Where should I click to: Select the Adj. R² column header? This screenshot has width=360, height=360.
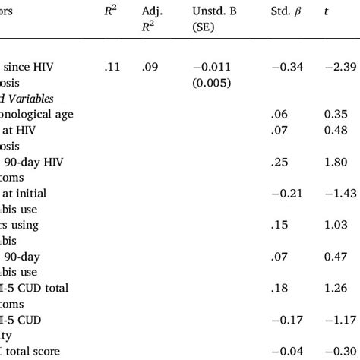[x=155, y=19]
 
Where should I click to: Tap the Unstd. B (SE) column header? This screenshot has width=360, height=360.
[x=217, y=19]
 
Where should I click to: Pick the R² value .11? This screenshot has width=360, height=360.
[x=112, y=68]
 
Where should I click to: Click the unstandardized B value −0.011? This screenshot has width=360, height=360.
[x=217, y=68]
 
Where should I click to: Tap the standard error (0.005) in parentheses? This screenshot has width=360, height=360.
[x=216, y=82]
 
